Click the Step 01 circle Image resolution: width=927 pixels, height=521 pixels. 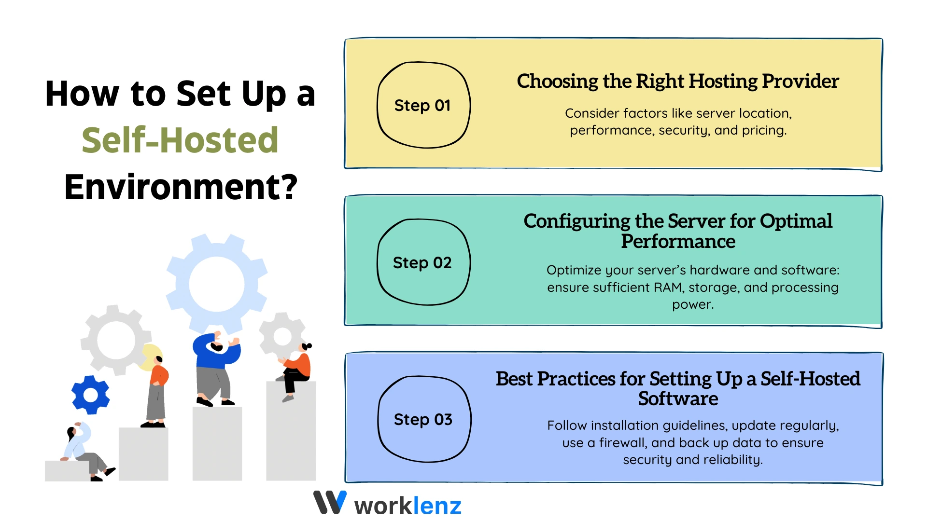pos(423,105)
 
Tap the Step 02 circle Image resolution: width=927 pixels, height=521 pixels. pos(423,262)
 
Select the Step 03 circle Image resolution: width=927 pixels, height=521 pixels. pos(424,419)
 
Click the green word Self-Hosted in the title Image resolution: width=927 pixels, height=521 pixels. pos(180,140)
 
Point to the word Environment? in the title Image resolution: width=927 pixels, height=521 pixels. pos(181,187)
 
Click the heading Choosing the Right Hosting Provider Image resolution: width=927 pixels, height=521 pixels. pos(677,81)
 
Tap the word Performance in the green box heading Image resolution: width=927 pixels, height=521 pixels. pos(678,241)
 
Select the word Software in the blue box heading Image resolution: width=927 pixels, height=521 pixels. pos(678,399)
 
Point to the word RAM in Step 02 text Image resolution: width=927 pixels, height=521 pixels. pos(668,288)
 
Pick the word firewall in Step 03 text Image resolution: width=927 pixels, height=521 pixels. pos(622,443)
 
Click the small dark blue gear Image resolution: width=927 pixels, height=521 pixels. pos(90,395)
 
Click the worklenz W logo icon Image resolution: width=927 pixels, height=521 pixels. pos(330,502)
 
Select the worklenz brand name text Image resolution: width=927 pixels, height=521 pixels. pos(408,506)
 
